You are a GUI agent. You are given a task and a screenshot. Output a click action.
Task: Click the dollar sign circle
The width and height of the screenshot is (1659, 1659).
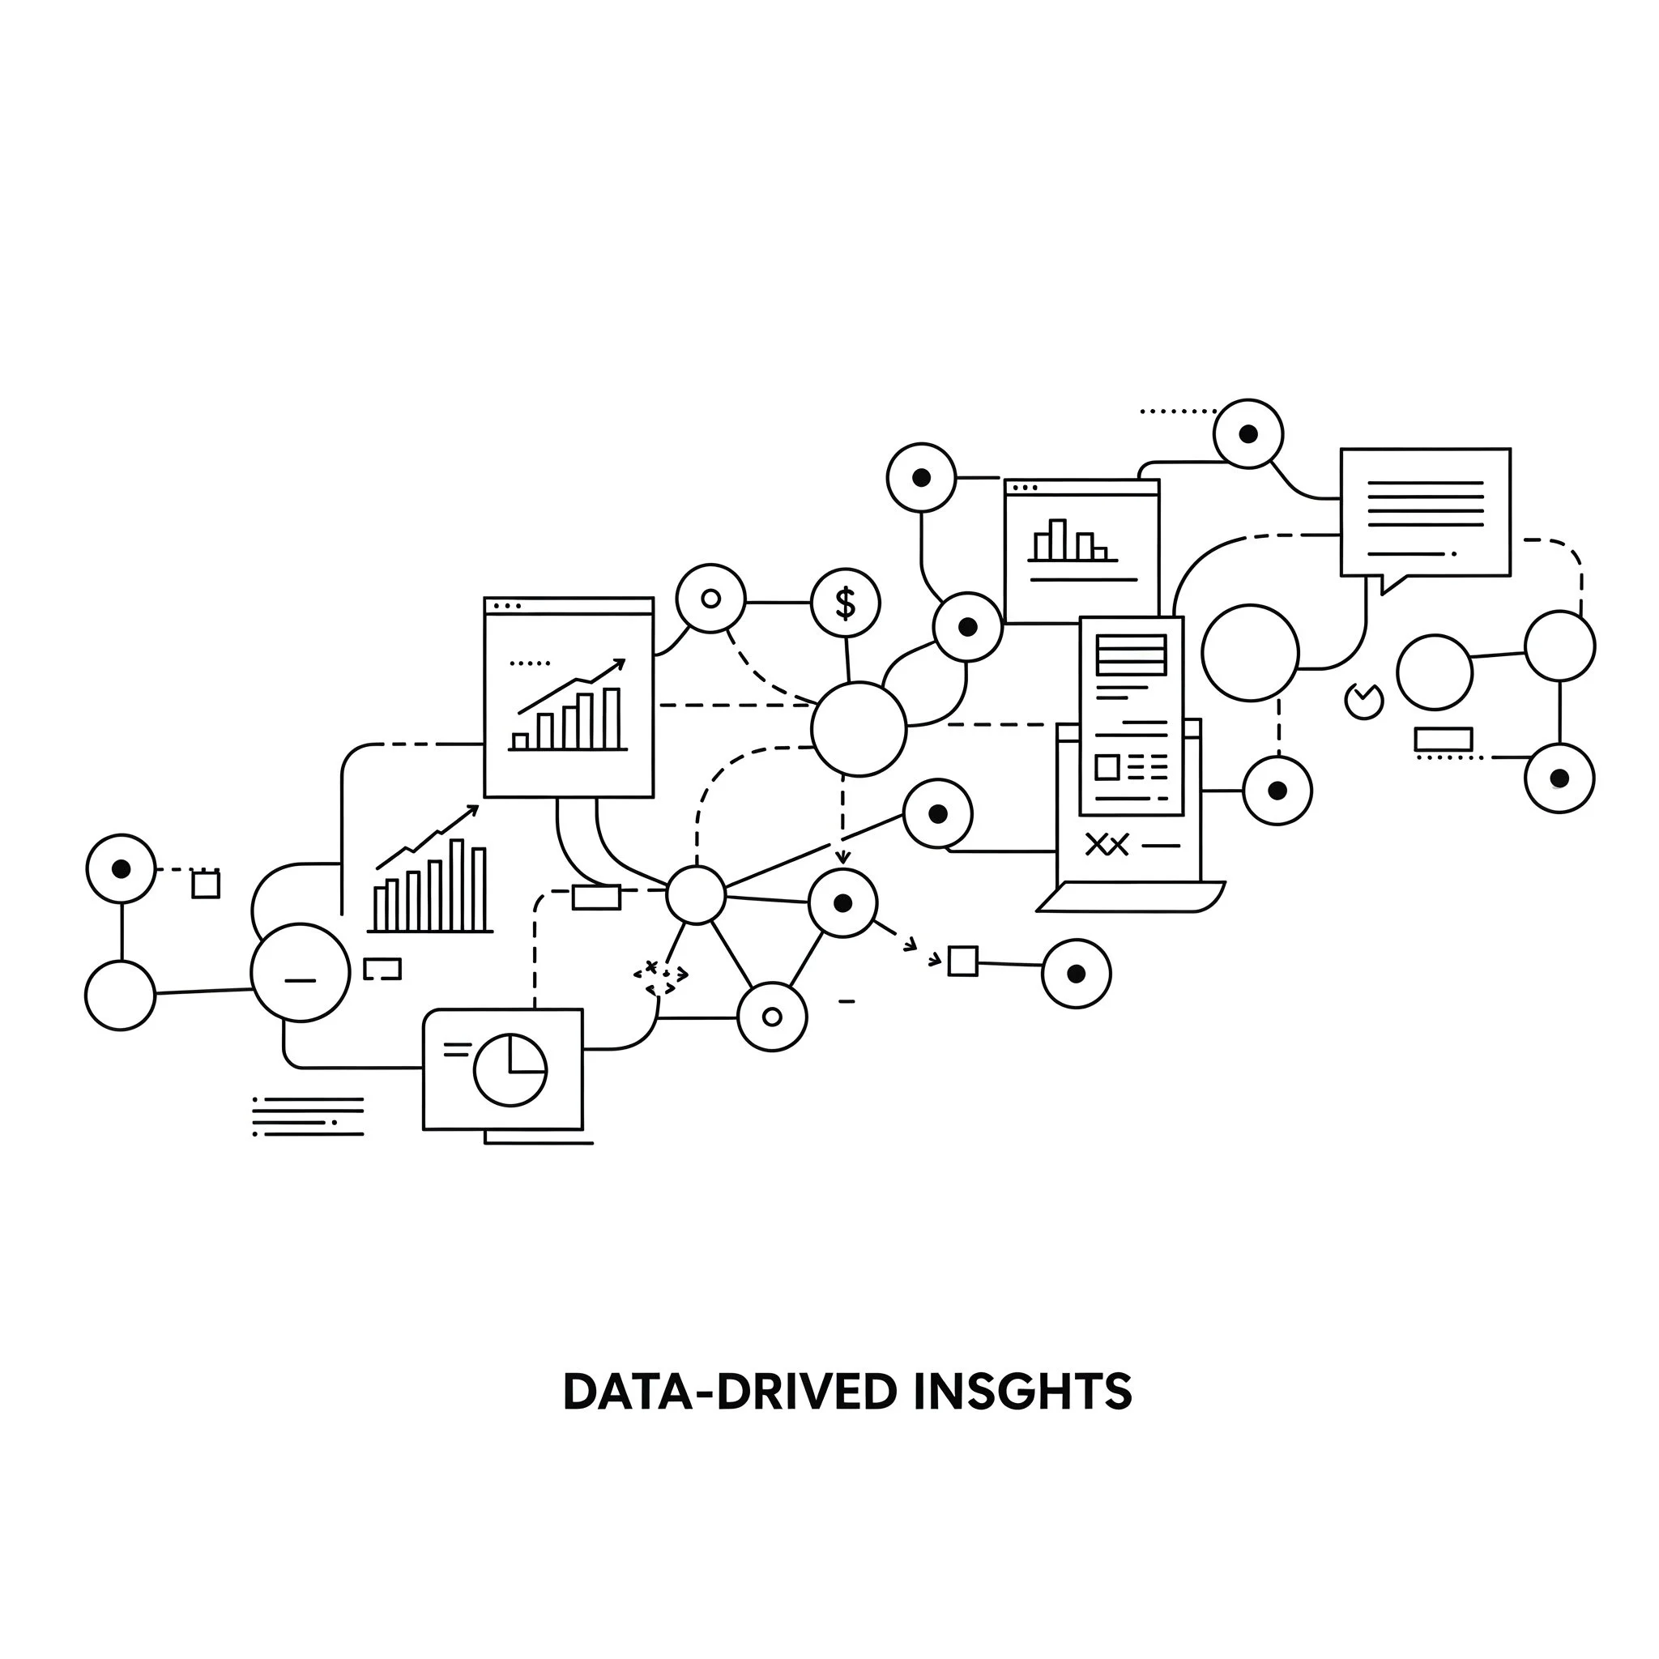[845, 603]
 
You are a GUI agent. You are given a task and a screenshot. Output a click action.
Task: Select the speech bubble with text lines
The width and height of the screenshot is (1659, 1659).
[1425, 512]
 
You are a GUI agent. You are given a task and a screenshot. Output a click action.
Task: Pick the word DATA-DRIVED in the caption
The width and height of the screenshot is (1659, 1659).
[729, 1392]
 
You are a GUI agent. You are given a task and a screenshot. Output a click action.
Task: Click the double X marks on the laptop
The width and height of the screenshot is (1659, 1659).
[1107, 845]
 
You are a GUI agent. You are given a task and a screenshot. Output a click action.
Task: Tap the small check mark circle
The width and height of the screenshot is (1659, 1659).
[1363, 701]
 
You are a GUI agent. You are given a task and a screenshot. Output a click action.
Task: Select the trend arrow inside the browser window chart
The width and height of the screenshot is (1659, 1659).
[572, 686]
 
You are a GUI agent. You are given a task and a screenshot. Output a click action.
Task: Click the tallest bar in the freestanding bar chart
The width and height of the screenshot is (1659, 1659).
[458, 885]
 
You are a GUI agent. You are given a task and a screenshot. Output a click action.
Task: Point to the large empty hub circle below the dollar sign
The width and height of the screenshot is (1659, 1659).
[858, 729]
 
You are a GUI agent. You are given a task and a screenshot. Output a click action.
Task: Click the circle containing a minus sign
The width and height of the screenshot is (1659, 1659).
[301, 972]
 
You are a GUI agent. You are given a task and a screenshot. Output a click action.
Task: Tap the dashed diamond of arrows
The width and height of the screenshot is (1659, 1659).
[660, 977]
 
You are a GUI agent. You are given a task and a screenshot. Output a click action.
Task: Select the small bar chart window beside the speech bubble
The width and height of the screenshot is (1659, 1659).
[1081, 550]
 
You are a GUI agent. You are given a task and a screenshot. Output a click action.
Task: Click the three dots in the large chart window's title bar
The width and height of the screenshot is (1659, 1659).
[507, 606]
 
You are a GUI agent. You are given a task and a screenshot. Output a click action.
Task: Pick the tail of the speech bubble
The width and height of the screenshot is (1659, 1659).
[1390, 584]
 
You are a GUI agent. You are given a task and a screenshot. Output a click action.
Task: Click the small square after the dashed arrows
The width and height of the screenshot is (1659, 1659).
[962, 961]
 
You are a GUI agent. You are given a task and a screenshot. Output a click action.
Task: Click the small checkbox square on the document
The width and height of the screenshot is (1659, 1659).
[1107, 767]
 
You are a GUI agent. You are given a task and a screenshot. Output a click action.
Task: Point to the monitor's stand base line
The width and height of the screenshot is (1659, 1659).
[539, 1143]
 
